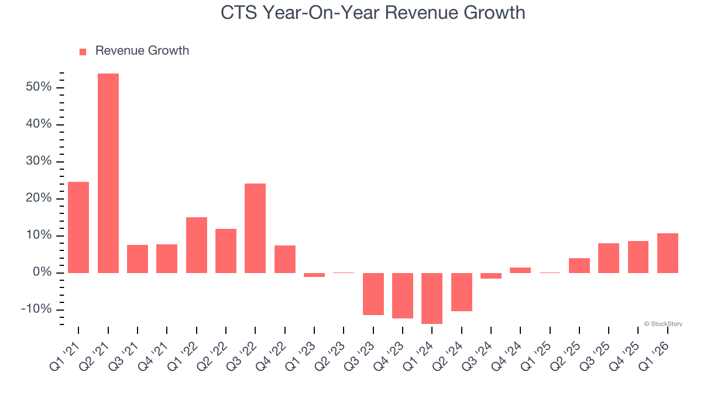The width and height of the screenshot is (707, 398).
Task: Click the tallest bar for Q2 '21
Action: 108,173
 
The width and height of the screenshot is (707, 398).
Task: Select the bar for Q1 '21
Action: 78,227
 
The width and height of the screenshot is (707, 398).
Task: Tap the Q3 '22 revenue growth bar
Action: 255,228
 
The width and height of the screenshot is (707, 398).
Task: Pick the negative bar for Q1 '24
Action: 432,298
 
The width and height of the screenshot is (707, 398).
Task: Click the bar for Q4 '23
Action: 403,295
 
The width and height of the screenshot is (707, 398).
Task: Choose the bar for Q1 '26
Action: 668,253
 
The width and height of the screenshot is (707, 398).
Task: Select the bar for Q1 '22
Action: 197,245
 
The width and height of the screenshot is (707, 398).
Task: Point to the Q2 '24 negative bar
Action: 462,292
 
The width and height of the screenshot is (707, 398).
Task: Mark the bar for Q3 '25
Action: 609,258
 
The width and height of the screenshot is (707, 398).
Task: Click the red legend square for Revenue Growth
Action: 83,51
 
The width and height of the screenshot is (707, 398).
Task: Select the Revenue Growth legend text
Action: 142,51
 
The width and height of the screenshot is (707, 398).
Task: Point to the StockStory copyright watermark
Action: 663,324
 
